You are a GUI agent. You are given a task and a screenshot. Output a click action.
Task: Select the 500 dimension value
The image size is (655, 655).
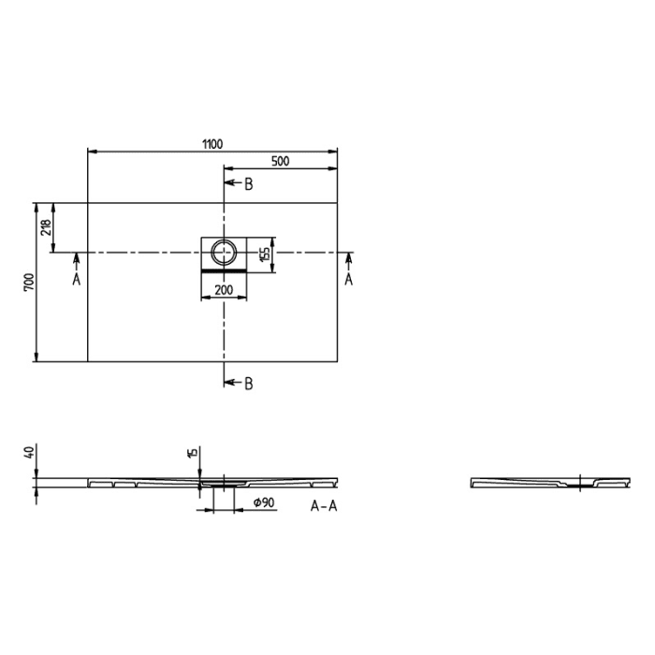click(x=280, y=161)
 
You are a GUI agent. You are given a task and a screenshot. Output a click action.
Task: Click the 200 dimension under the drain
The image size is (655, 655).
click(x=224, y=290)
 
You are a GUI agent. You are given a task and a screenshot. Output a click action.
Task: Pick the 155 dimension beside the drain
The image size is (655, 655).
click(x=266, y=253)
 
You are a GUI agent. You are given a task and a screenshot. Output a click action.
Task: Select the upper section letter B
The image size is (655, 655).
click(x=248, y=184)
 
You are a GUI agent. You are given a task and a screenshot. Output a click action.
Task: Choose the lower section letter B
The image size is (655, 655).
click(x=248, y=383)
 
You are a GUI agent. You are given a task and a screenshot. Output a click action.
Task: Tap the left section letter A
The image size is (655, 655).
click(x=76, y=279)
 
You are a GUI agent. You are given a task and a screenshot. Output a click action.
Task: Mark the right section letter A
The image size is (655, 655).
click(x=348, y=279)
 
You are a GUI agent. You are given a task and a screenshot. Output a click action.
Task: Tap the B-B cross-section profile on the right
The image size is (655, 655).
click(x=547, y=483)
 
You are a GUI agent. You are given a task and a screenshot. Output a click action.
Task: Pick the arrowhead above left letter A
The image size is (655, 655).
click(x=76, y=257)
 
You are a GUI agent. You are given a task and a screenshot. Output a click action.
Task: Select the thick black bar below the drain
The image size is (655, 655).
click(x=224, y=269)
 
